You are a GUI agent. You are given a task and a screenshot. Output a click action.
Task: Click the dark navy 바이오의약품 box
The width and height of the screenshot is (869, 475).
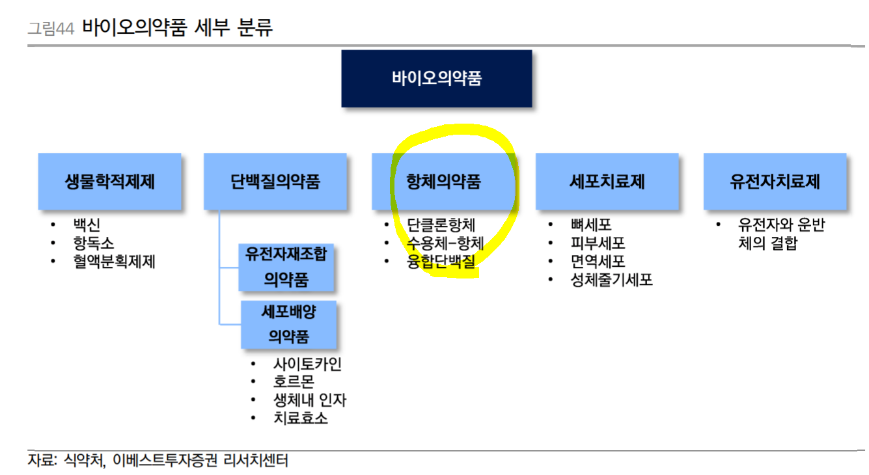tap(436, 79)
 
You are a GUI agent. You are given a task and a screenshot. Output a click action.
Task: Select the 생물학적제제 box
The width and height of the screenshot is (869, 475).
tap(109, 182)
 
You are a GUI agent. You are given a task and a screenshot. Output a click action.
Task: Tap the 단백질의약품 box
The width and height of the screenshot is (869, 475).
tap(275, 182)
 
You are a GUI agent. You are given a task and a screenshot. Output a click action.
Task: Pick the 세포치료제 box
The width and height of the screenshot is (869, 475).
tap(607, 182)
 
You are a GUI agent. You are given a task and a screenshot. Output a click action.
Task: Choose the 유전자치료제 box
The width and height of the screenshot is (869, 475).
tap(775, 182)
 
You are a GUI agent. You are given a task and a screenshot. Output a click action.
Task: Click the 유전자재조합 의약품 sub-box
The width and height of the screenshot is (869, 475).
tap(286, 267)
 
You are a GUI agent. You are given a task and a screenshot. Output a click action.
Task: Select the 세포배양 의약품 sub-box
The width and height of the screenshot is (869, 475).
tap(288, 324)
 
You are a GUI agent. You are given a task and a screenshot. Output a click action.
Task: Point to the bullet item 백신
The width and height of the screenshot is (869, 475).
tap(87, 225)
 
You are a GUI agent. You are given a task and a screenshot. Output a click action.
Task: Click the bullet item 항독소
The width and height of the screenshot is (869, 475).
tap(94, 243)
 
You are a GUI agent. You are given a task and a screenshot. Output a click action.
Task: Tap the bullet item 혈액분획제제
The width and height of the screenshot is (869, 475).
tap(114, 262)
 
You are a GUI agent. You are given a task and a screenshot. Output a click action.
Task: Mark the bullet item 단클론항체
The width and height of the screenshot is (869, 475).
tap(441, 225)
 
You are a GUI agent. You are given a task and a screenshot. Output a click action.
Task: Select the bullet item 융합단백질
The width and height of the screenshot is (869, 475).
tap(441, 262)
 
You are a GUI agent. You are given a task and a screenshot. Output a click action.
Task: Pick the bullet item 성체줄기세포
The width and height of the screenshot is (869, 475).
tap(611, 280)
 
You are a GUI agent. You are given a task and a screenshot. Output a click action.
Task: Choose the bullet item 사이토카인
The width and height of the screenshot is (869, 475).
tap(307, 364)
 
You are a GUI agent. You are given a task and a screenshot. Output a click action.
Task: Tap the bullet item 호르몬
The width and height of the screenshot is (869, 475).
tap(294, 382)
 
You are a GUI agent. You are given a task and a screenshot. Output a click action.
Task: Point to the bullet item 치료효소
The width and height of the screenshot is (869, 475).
tap(300, 418)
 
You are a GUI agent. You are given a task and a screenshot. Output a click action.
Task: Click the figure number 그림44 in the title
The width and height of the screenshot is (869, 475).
tap(51, 29)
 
